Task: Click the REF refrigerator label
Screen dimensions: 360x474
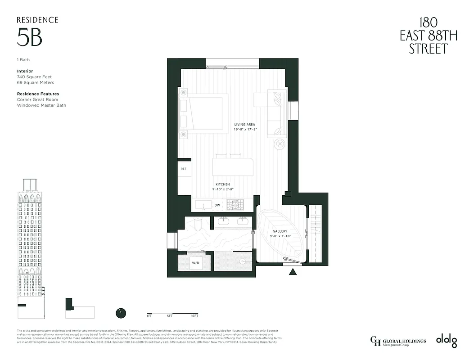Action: pos(184,169)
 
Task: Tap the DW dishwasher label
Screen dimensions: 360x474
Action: pos(217,205)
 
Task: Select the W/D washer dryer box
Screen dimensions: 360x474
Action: pos(196,262)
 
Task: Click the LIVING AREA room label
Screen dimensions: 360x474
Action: pos(244,125)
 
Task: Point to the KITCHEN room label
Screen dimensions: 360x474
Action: pos(222,184)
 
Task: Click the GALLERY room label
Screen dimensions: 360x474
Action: pos(279,231)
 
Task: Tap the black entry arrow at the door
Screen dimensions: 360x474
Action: pos(293,271)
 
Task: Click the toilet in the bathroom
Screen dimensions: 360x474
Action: pos(198,224)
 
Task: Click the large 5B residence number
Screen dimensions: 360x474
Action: pos(30,37)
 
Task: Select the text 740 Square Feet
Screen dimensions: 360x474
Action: pos(35,77)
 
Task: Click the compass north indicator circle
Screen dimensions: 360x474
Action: pos(121,313)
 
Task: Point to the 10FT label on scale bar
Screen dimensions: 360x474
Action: pos(194,316)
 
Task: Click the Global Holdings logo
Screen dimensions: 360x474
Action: pos(397,341)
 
